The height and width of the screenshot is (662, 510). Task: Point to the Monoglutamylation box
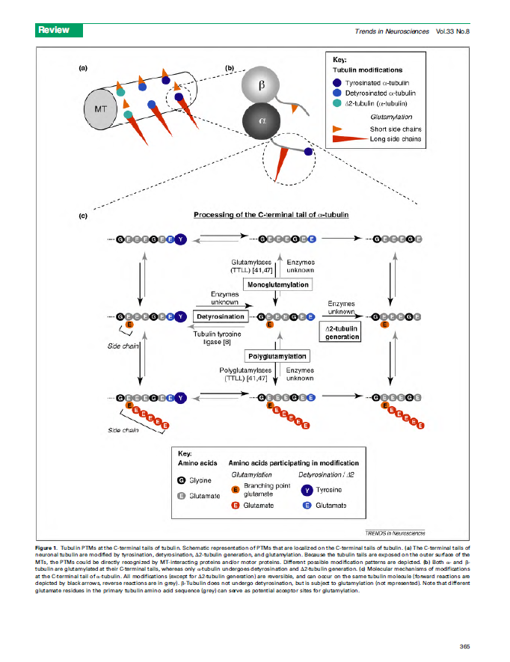click(x=277, y=285)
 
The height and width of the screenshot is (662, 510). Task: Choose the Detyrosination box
click(x=221, y=316)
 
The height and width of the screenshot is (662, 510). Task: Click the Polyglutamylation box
click(x=277, y=356)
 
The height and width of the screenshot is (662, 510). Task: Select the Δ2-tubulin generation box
click(x=342, y=332)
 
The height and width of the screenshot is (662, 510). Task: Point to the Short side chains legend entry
click(x=395, y=129)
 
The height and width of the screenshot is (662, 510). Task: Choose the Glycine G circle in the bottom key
click(x=182, y=480)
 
